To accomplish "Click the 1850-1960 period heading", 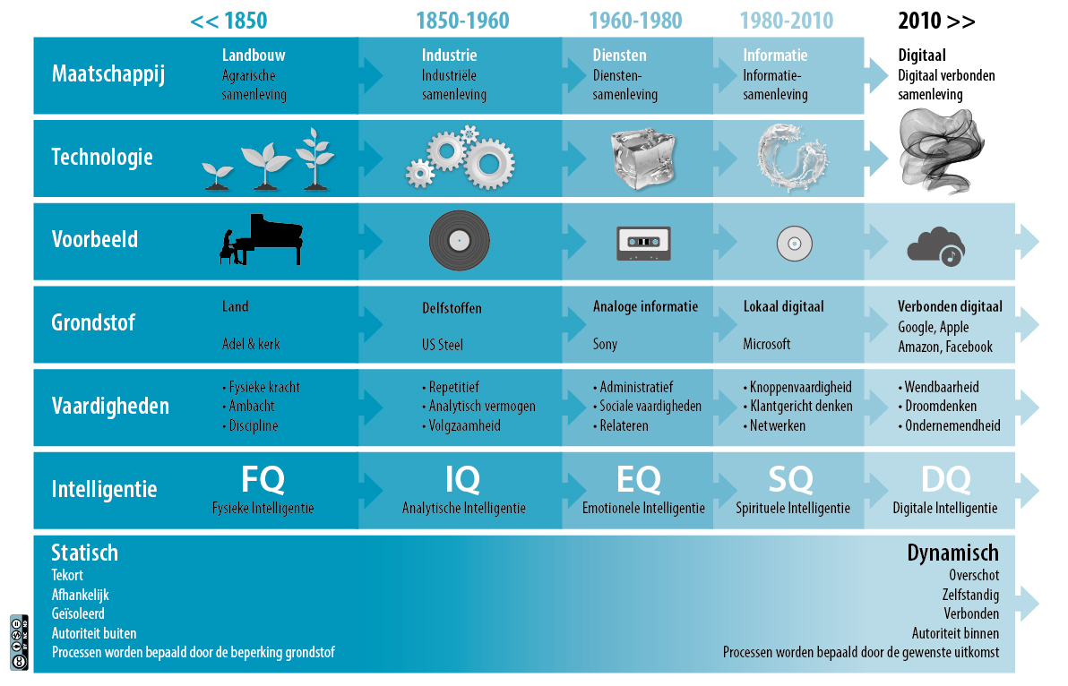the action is click(x=462, y=21).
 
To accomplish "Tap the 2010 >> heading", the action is click(x=936, y=21).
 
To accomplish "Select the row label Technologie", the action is click(x=102, y=158).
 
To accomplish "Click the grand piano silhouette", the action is click(x=261, y=239).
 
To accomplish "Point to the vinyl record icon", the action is click(x=459, y=240).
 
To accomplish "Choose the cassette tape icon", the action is click(x=643, y=243).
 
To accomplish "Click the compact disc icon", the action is click(x=794, y=243).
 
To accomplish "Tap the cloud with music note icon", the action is click(x=936, y=246).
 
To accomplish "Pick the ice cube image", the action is click(x=643, y=159).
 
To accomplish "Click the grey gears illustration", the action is click(x=461, y=158).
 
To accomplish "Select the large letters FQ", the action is click(x=263, y=479).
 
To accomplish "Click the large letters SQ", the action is click(x=791, y=479).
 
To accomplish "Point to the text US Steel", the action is click(x=442, y=345).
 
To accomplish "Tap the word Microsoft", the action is click(x=767, y=345).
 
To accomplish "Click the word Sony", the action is click(x=605, y=345).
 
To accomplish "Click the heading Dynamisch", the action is click(x=953, y=553).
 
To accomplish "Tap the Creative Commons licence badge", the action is click(x=19, y=642).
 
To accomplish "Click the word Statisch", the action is click(x=84, y=553).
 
